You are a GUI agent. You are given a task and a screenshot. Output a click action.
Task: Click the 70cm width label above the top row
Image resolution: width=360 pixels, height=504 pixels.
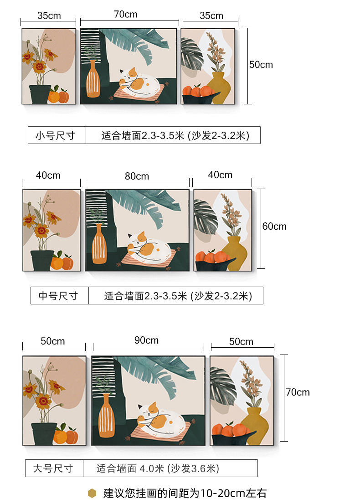pyautogui.click(x=126, y=15)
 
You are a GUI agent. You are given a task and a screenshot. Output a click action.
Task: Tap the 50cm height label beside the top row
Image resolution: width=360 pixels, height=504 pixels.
pyautogui.click(x=261, y=65)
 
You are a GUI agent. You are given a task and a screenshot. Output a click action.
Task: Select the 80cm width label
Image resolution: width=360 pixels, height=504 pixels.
pyautogui.click(x=137, y=176)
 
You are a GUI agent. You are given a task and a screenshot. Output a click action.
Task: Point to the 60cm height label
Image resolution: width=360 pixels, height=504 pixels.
pyautogui.click(x=274, y=226)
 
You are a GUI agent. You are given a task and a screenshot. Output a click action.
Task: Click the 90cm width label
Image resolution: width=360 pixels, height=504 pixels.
pyautogui.click(x=146, y=340)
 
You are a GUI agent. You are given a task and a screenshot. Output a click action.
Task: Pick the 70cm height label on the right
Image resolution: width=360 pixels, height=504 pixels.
pyautogui.click(x=298, y=392)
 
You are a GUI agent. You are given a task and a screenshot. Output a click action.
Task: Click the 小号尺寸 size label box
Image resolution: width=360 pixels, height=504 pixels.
pyautogui.click(x=57, y=135)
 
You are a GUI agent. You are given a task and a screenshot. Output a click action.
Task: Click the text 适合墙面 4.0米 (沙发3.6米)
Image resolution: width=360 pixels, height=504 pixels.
pyautogui.click(x=158, y=468)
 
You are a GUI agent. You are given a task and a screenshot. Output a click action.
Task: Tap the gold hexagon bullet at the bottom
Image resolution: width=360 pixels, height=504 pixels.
pyautogui.click(x=93, y=493)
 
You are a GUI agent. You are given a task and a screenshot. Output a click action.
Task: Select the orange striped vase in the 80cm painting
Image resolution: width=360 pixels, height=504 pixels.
pyautogui.click(x=99, y=247)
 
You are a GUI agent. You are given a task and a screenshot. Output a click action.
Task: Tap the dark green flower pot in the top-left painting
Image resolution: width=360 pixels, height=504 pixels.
pyautogui.click(x=40, y=94)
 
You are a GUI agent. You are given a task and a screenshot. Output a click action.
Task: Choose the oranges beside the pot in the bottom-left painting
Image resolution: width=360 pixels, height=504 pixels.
pyautogui.click(x=66, y=435)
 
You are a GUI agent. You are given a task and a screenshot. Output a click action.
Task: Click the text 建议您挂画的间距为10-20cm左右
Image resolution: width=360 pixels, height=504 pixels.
pyautogui.click(x=185, y=493)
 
